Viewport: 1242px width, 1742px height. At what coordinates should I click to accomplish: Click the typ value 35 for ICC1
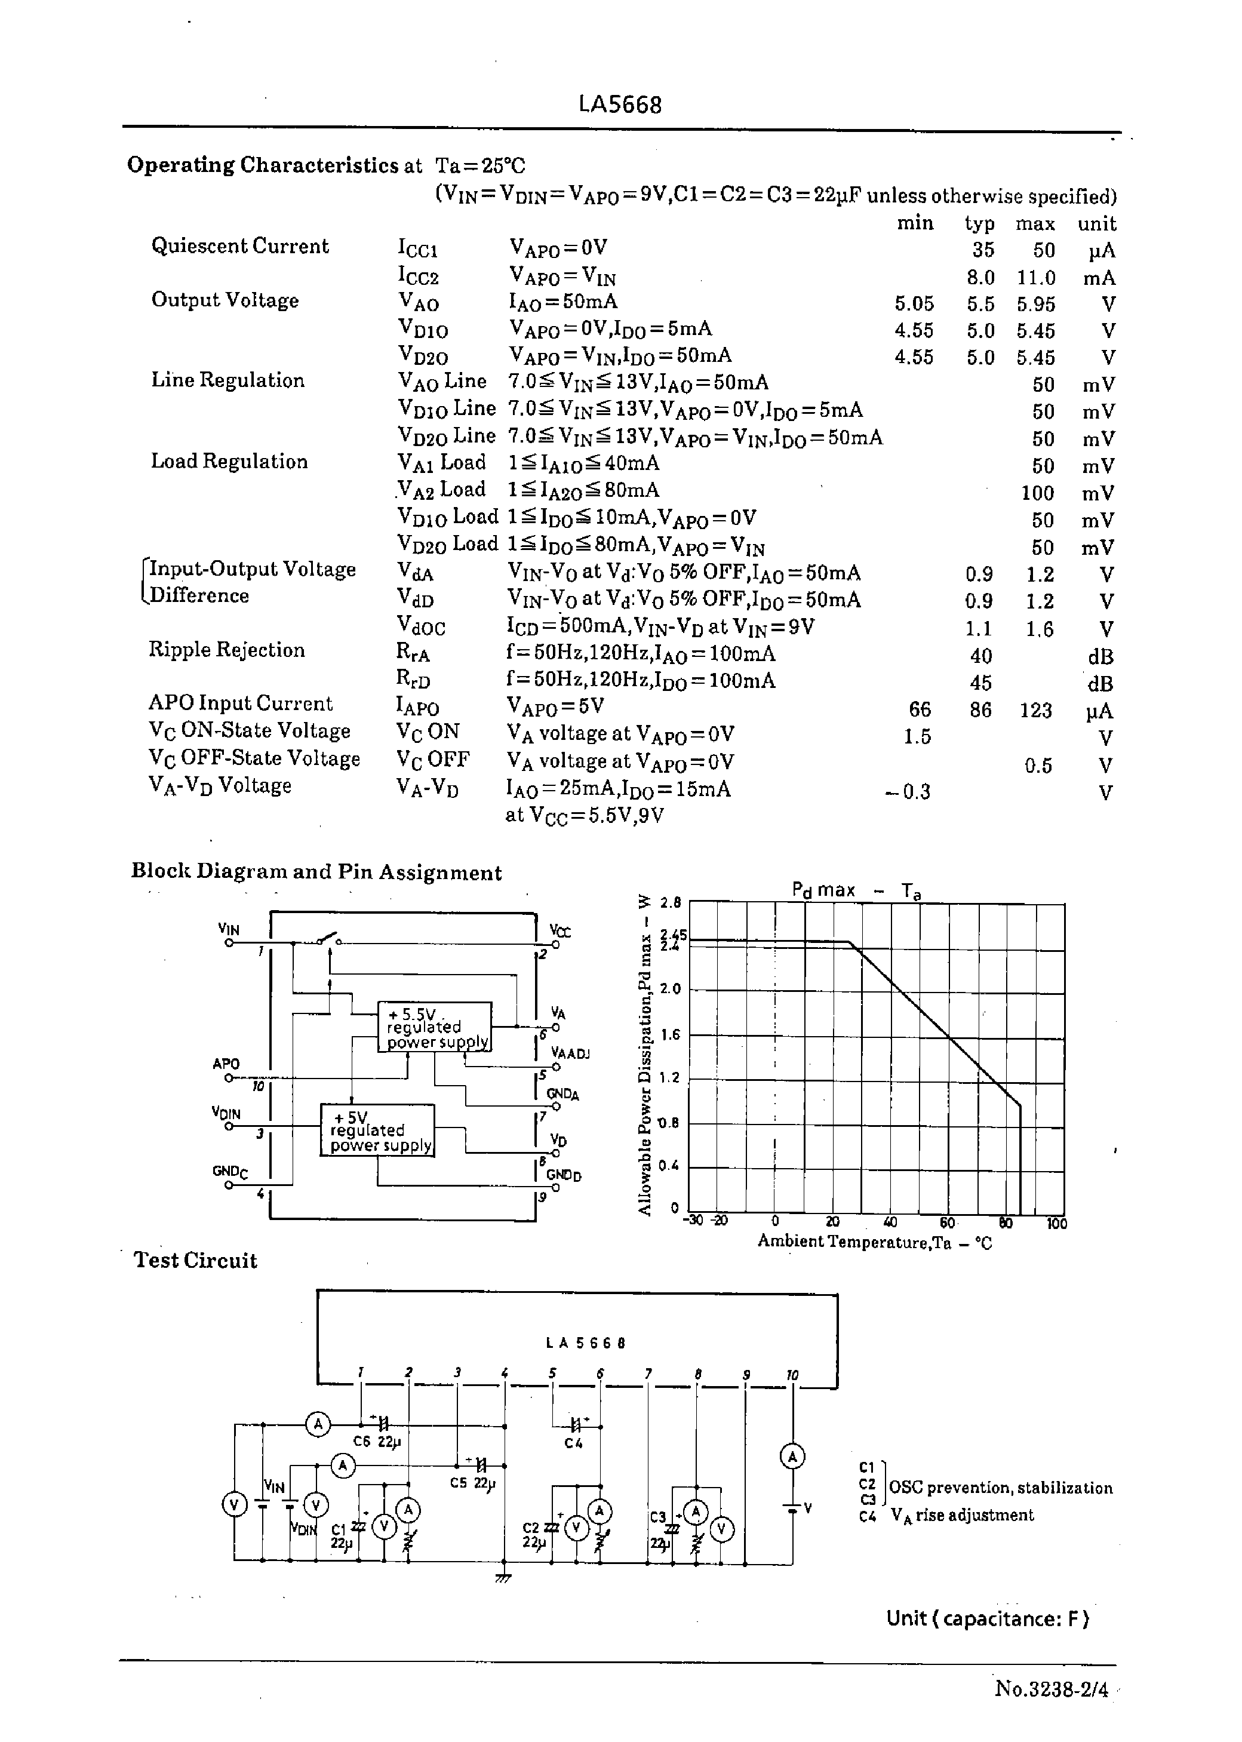coord(983,250)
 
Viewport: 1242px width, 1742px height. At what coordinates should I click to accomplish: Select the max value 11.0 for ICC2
coord(1035,278)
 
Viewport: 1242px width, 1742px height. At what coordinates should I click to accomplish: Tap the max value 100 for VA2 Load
coord(1037,493)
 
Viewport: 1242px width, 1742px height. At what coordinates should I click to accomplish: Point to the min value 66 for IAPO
coord(920,709)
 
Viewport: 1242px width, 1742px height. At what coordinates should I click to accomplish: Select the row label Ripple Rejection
coord(226,650)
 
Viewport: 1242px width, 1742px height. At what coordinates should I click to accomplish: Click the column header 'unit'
coord(1096,224)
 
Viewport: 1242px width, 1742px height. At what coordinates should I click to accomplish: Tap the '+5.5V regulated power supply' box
coord(434,1027)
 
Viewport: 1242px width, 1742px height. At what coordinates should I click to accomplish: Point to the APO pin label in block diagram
coord(226,1064)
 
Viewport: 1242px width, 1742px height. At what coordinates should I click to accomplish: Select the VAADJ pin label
coord(570,1054)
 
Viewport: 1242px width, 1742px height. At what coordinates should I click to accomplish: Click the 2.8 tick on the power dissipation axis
coord(670,902)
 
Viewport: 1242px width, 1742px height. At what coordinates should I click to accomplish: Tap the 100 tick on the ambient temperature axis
coord(1056,1224)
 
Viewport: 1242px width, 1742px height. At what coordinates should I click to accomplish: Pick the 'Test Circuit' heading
coord(196,1260)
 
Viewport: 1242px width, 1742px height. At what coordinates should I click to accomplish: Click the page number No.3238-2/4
coord(1051,1688)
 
